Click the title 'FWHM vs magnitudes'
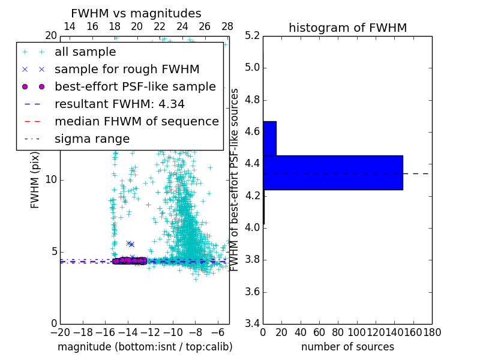click(136, 13)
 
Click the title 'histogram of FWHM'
click(347, 28)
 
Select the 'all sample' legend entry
click(85, 52)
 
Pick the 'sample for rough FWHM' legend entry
click(127, 70)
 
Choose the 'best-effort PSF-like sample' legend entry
click(135, 87)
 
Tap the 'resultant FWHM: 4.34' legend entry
click(119, 104)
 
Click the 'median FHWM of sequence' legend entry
click(136, 122)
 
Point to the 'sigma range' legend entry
click(92, 139)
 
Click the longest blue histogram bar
click(332, 172)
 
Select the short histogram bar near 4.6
click(269, 138)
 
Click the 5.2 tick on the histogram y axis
click(253, 35)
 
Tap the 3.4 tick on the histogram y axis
click(253, 324)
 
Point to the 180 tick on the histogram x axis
click(432, 332)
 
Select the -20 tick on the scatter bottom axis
click(59, 332)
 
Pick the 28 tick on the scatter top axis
click(227, 26)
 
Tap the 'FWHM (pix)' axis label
click(35, 179)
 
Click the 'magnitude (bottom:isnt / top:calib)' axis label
click(145, 347)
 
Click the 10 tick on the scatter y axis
click(52, 180)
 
